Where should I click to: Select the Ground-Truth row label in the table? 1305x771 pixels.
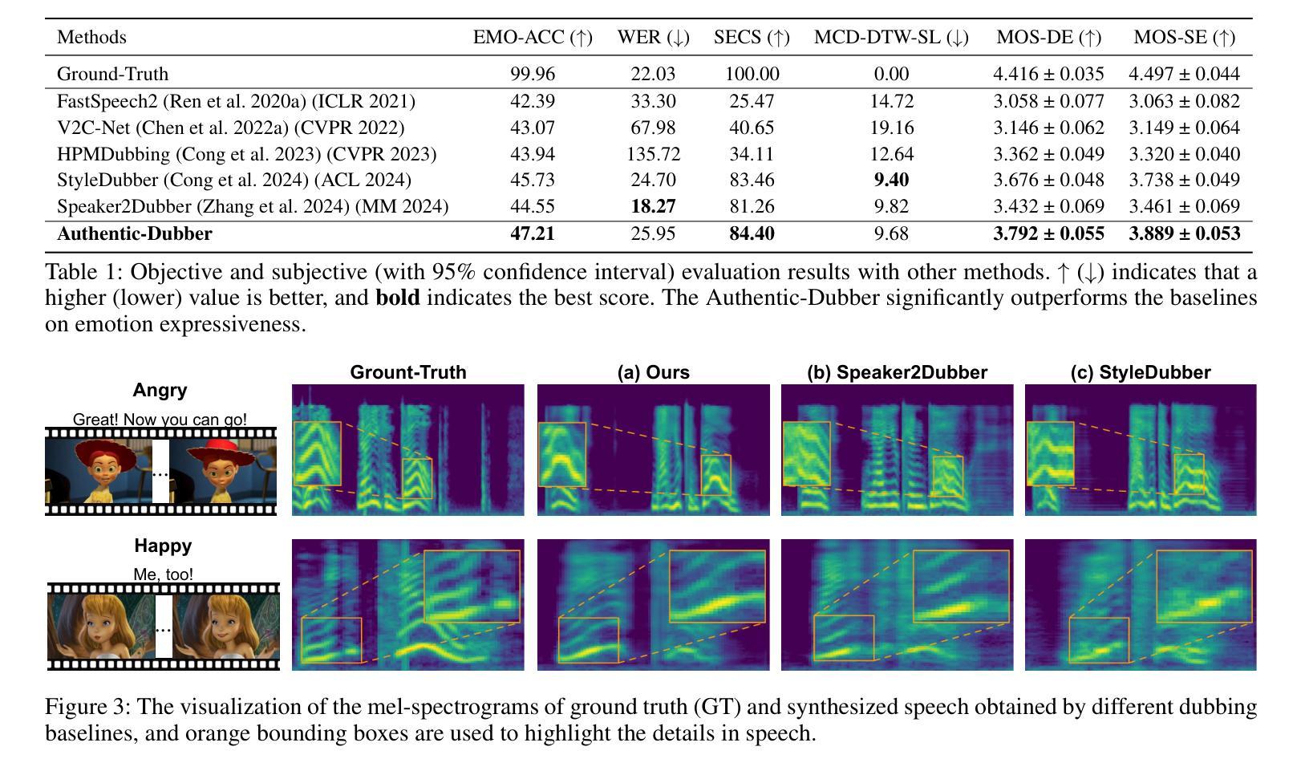112,74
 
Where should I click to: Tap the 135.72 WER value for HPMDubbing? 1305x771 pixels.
653,154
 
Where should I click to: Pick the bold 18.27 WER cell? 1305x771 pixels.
653,206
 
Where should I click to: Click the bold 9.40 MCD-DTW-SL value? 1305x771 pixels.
891,180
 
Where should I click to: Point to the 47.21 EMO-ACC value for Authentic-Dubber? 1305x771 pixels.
533,233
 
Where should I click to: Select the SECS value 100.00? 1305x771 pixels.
752,74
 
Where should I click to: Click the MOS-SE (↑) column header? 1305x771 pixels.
1184,37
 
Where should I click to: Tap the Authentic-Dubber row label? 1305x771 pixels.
135,233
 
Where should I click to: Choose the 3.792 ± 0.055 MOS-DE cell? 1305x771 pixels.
1048,233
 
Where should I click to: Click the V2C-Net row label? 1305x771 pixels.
230,128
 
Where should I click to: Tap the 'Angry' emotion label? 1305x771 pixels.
160,390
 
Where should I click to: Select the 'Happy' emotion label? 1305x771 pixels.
163,546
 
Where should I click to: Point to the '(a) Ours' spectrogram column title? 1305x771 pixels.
653,372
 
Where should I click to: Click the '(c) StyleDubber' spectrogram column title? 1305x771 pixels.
1140,372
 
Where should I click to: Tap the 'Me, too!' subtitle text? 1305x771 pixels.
163,574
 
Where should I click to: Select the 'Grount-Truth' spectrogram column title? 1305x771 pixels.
407,372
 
